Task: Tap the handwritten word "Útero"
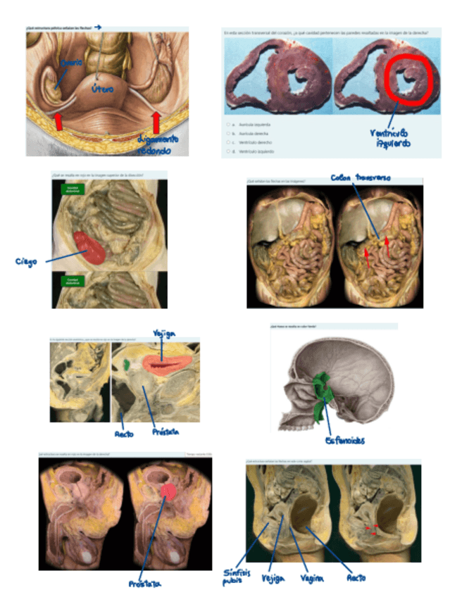pos(104,89)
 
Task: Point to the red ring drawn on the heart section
pos(409,80)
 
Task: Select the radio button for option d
pos(228,151)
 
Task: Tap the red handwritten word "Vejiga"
pos(163,334)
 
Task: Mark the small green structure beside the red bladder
pos(126,365)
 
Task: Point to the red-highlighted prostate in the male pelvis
pos(167,491)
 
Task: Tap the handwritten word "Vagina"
pos(311,578)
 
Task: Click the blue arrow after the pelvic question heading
pos(98,27)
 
